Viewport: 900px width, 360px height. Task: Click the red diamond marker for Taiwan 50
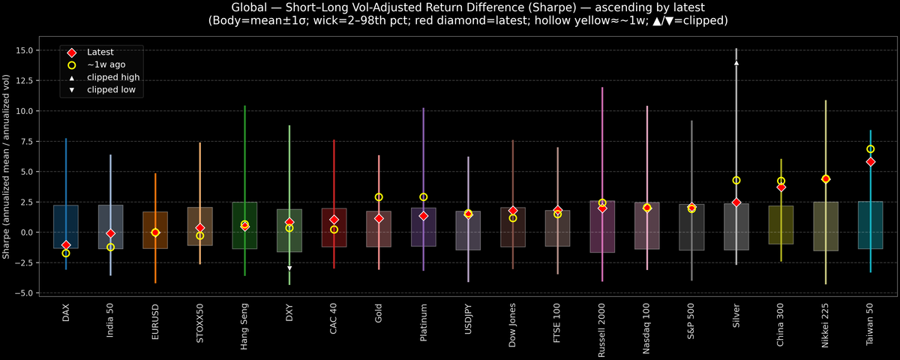coord(870,161)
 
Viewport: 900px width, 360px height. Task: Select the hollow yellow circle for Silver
coord(736,180)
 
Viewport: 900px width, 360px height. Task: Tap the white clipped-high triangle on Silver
coord(736,63)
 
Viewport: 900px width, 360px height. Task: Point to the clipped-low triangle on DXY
coord(289,268)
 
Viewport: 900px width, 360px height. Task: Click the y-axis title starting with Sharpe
coord(7,166)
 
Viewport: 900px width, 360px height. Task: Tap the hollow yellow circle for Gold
coord(379,197)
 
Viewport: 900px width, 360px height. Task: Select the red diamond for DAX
coord(66,245)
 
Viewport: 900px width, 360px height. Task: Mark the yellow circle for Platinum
coord(424,197)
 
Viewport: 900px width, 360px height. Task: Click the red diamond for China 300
coord(781,187)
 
